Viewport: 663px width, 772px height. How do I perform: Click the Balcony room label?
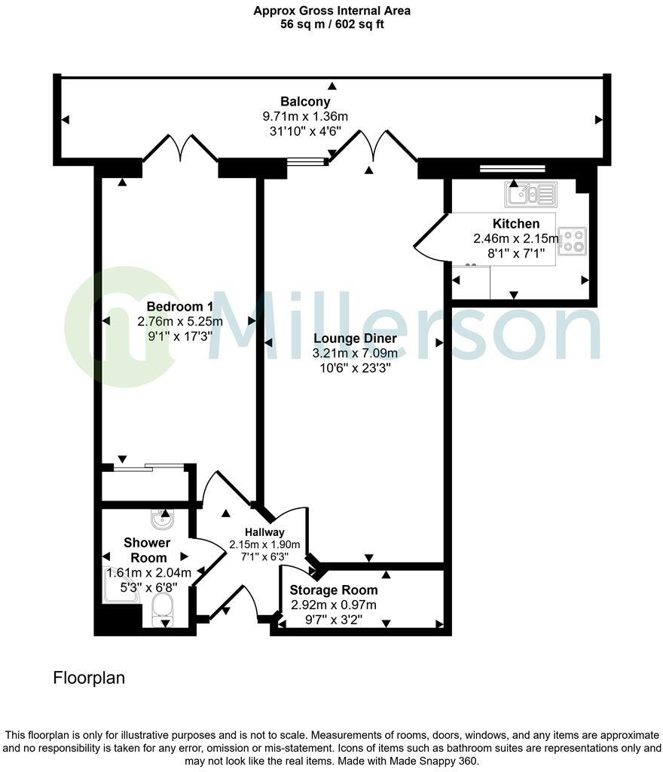pos(305,102)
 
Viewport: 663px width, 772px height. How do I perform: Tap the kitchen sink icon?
pos(530,195)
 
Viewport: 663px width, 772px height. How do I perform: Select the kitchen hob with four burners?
pos(573,240)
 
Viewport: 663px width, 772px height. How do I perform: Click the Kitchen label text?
pos(516,224)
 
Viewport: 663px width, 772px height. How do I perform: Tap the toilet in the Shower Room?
pos(163,608)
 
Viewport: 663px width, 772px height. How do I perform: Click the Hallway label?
pos(264,532)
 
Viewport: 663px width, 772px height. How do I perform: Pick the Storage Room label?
pos(334,590)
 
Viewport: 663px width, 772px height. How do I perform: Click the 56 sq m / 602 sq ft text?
pos(331,24)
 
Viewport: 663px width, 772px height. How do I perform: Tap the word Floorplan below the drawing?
pos(89,678)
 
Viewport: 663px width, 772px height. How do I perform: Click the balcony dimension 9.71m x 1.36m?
pos(305,116)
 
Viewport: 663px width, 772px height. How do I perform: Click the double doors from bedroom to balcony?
pos(180,149)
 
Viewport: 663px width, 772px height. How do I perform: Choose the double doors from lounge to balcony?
pos(371,146)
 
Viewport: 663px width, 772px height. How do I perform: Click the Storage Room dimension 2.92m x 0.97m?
pos(334,605)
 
